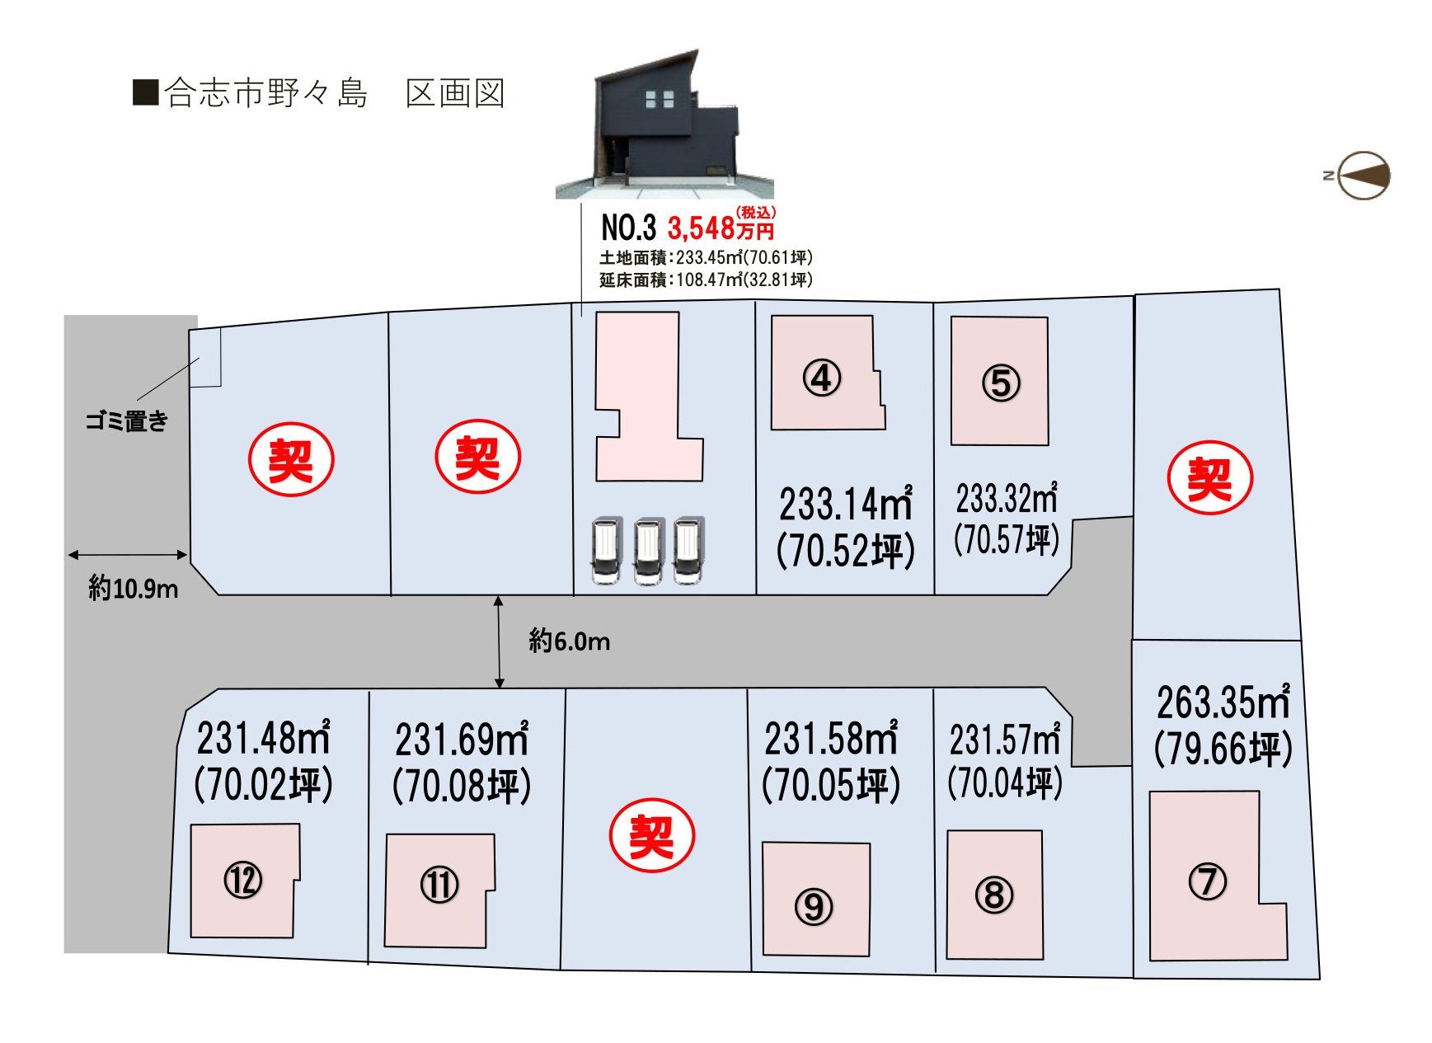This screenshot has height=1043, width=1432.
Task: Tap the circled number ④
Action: click(x=822, y=378)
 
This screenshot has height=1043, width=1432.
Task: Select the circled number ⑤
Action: click(x=1001, y=383)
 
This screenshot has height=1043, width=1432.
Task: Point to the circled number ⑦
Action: click(x=1208, y=881)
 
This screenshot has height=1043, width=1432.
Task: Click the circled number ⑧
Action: click(x=994, y=895)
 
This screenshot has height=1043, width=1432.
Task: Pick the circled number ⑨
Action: click(x=814, y=907)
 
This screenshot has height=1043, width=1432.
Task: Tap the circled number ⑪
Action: click(x=439, y=886)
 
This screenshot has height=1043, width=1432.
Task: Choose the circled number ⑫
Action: click(x=243, y=880)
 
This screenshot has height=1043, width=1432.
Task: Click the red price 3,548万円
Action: click(x=721, y=226)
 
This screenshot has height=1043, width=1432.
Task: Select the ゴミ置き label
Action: click(x=127, y=421)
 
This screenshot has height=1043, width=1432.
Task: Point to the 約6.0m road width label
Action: click(x=570, y=641)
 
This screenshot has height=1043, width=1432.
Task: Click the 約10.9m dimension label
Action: click(x=133, y=588)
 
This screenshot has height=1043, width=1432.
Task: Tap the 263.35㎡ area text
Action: click(x=1223, y=703)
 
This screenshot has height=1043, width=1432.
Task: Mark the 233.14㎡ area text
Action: click(x=846, y=504)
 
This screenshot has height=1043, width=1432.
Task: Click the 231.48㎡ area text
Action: click(x=263, y=738)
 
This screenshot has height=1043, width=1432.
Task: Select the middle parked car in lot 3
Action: click(x=648, y=551)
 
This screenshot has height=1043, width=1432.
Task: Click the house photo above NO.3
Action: click(x=664, y=125)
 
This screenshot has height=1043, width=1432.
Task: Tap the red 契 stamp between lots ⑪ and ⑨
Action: click(x=652, y=836)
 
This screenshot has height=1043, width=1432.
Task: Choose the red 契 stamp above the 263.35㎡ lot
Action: click(x=1210, y=478)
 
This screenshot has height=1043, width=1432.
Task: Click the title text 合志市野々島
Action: click(x=265, y=93)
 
